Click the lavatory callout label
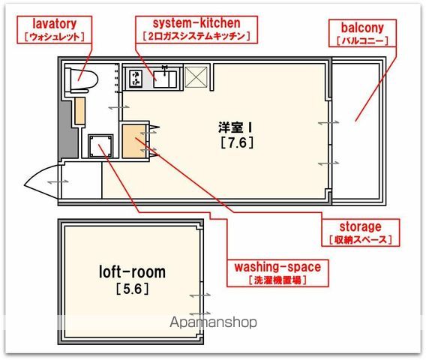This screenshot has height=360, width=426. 54,29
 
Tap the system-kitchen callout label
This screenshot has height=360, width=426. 196,29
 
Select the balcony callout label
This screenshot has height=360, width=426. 362,33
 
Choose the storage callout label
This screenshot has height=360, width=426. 361,232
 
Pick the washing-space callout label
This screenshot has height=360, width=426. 277,273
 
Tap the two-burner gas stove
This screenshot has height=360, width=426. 136,78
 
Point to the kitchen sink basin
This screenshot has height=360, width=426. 165,79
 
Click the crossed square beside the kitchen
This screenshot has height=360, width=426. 196,77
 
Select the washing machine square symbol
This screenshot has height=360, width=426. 100,146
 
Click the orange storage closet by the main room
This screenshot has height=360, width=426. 133,141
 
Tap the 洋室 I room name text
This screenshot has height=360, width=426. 235,127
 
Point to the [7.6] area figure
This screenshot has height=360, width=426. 237,142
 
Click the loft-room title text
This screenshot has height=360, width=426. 132,272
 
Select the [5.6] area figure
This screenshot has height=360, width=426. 132,289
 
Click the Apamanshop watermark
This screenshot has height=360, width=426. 213,322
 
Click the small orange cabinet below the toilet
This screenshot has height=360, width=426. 79,111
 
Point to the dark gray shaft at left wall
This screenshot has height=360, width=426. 66,129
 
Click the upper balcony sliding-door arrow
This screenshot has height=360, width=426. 328,122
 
